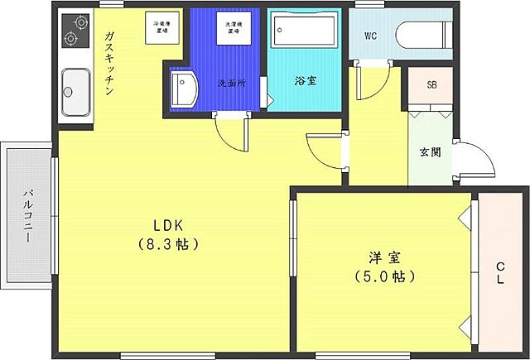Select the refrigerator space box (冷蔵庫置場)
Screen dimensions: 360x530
[161, 26]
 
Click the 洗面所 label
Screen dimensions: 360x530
[231, 84]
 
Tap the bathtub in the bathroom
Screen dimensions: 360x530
[302, 34]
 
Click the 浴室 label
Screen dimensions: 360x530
[304, 82]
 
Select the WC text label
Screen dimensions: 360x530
[372, 36]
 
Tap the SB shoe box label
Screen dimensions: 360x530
[431, 85]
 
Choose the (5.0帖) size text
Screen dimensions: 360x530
[383, 275]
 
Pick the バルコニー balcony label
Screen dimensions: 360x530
[27, 214]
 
